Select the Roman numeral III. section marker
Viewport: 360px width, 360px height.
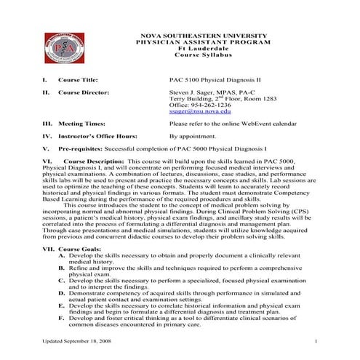(47, 124)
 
